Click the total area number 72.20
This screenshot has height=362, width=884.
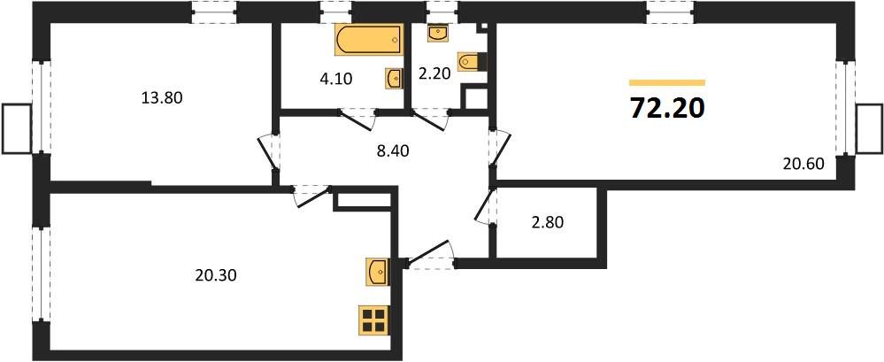point(667,108)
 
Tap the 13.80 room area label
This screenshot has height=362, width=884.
point(162,98)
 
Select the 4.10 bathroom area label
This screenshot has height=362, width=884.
point(336,79)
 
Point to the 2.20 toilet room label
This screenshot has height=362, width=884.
point(435,73)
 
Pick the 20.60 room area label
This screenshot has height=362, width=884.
point(803,162)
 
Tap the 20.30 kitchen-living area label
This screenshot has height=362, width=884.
point(215,275)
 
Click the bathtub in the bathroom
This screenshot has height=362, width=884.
point(367,41)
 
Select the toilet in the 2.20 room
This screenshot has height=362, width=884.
point(478,62)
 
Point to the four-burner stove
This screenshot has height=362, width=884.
point(374,320)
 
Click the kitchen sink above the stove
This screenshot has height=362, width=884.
point(375,270)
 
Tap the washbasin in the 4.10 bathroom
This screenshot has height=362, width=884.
point(393,78)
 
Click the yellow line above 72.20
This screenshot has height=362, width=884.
point(666,81)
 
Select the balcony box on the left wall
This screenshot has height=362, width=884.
point(16,128)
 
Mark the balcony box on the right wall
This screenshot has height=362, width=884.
point(869,128)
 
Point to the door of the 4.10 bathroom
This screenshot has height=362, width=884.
point(358,115)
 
